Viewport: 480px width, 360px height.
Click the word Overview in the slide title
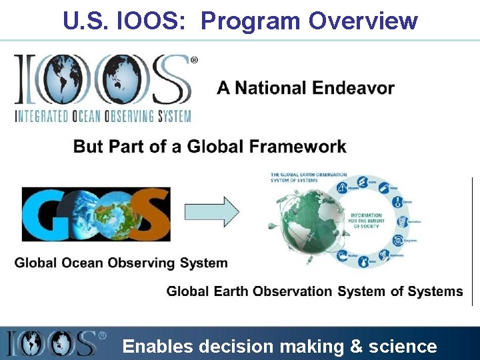click(363, 21)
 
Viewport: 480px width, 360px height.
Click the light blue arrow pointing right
click(211, 211)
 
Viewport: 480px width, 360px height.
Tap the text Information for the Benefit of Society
click(366, 220)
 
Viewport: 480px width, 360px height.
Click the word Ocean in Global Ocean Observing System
click(87, 263)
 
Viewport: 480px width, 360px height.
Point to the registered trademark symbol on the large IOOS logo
click(194, 60)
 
